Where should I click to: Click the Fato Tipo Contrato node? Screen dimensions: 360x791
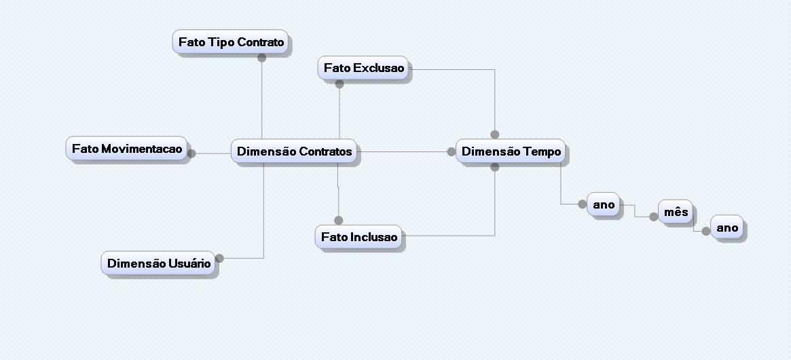[x=231, y=42]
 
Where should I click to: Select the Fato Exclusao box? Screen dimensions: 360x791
[x=363, y=68]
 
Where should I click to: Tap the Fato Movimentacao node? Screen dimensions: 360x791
[x=127, y=149]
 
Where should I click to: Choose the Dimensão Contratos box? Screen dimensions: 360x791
[x=295, y=151]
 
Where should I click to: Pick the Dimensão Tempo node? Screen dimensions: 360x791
[x=511, y=151]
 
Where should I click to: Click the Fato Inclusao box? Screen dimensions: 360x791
[x=359, y=237]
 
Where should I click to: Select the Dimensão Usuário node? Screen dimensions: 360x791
[x=159, y=264]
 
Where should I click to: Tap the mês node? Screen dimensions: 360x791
[x=676, y=212]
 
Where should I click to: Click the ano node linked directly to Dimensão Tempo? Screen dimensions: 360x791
[x=604, y=204]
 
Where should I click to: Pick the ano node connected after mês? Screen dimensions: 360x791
[x=726, y=228]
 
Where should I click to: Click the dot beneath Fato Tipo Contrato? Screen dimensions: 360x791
[x=261, y=58]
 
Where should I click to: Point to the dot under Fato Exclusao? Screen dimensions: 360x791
[x=339, y=84]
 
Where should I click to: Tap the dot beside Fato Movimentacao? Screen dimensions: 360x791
[x=191, y=154]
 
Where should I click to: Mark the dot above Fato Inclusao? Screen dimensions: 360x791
[x=338, y=220]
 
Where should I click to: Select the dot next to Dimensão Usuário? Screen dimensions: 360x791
[x=219, y=257]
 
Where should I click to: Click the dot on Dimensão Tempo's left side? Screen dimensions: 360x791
[x=452, y=151]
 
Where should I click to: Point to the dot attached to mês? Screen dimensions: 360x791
[x=653, y=217]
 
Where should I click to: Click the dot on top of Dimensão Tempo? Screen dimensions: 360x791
[x=494, y=134]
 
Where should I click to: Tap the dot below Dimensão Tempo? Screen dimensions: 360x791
[x=494, y=166]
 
